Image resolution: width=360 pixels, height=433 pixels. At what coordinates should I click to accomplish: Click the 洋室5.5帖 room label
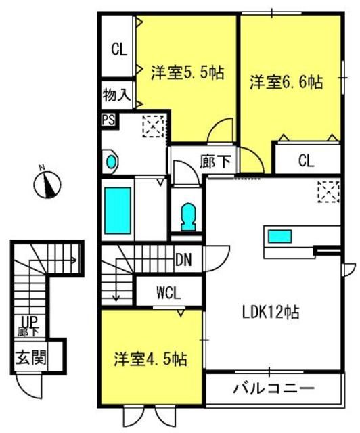coord(187,73)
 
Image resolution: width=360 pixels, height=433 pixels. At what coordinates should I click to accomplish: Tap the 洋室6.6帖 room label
coord(286,82)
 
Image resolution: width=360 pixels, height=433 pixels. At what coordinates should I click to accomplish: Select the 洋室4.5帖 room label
coord(151,359)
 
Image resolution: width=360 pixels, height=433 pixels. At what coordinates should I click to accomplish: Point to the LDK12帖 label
coord(271,313)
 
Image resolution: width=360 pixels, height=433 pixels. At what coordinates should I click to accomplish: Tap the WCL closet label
coord(168,293)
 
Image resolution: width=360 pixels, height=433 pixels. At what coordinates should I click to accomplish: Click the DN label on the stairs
coord(183,260)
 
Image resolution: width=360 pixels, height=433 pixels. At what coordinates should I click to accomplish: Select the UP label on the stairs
coord(30,321)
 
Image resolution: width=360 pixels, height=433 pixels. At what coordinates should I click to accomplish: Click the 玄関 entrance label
coord(30,358)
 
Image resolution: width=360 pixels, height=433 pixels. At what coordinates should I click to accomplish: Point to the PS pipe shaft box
coord(108,120)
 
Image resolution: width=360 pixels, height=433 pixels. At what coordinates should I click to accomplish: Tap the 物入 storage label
coord(116,95)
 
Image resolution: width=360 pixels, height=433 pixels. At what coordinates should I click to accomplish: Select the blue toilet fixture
coord(188,216)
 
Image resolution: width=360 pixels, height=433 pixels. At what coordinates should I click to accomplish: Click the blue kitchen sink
coord(280,236)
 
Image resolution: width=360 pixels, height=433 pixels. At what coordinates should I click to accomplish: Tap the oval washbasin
coord(111,162)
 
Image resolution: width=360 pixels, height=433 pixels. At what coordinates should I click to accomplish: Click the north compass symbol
coord(47,184)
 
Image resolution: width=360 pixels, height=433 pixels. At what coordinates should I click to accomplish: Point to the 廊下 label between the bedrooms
coord(215,161)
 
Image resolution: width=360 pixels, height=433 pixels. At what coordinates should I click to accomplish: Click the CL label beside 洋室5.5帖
coord(119,49)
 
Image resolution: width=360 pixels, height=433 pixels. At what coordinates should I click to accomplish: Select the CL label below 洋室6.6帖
coord(307,160)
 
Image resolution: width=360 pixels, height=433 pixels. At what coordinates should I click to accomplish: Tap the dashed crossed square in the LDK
coord(328,191)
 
